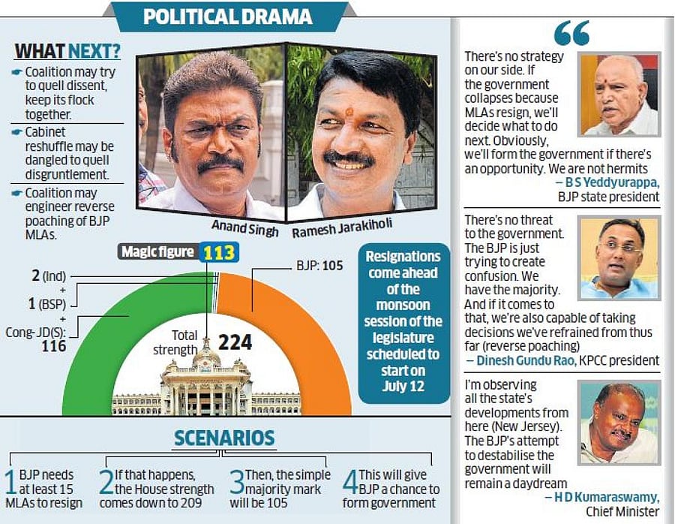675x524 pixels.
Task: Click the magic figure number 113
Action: tap(219, 253)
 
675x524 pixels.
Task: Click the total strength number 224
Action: tap(235, 343)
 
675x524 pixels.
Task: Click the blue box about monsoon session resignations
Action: tap(403, 321)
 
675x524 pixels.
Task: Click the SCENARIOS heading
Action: tap(224, 438)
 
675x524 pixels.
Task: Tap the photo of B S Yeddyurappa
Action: tap(619, 94)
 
